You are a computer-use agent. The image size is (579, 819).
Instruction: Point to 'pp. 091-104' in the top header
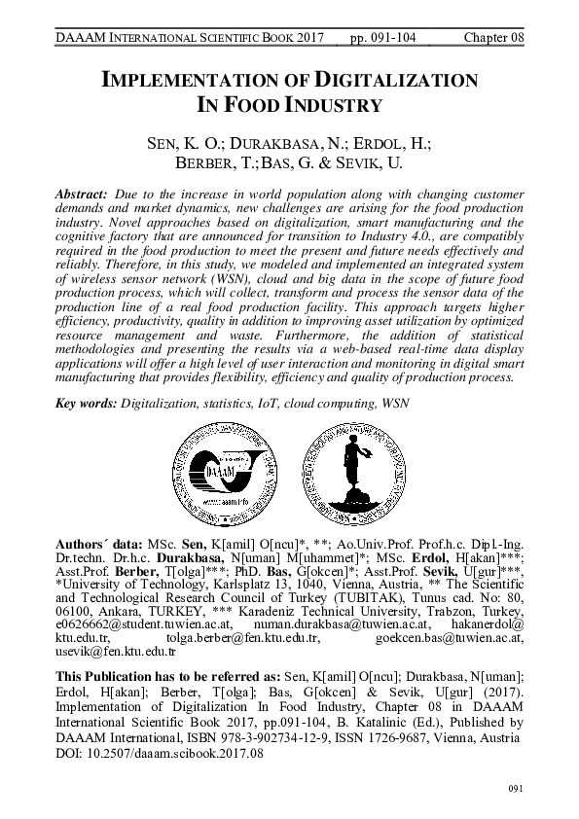[381, 40]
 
